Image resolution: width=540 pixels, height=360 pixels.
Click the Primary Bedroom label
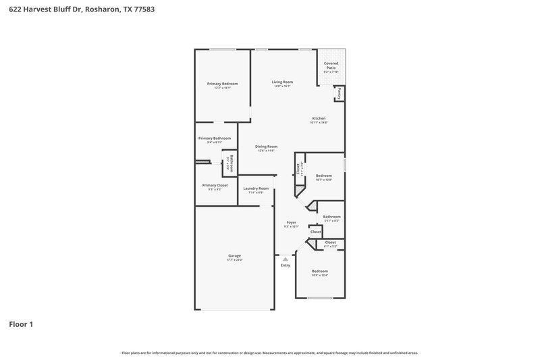pyautogui.click(x=222, y=84)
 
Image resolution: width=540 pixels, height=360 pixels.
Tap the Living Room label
pyautogui.click(x=282, y=82)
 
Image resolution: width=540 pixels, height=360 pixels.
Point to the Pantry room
pyautogui.click(x=340, y=93)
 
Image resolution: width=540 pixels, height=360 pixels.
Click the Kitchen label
pyautogui.click(x=319, y=118)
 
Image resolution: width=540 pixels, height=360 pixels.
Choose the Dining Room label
pyautogui.click(x=266, y=147)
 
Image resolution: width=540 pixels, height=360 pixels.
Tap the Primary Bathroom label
pyautogui.click(x=215, y=138)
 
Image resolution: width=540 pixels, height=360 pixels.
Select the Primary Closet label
pyautogui.click(x=215, y=185)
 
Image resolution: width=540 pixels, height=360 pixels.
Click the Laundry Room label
pyautogui.click(x=256, y=188)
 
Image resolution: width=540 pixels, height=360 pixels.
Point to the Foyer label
pyautogui.click(x=292, y=222)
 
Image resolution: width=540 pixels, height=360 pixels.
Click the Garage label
pyautogui.click(x=234, y=256)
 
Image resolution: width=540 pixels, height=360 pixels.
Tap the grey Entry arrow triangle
pyautogui.click(x=286, y=258)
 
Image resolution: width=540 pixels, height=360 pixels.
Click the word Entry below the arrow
pyautogui.click(x=286, y=265)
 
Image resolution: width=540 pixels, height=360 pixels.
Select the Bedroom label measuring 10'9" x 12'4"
pyautogui.click(x=319, y=272)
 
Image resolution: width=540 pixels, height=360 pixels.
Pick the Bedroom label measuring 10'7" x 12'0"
pyautogui.click(x=323, y=176)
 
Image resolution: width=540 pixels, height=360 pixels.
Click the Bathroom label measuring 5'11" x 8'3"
pyautogui.click(x=331, y=217)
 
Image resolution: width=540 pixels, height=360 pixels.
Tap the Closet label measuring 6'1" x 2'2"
pyautogui.click(x=330, y=242)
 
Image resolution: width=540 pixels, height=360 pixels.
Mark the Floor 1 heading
pyautogui.click(x=21, y=324)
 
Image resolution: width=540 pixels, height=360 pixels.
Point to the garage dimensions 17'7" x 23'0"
pyautogui.click(x=234, y=260)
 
